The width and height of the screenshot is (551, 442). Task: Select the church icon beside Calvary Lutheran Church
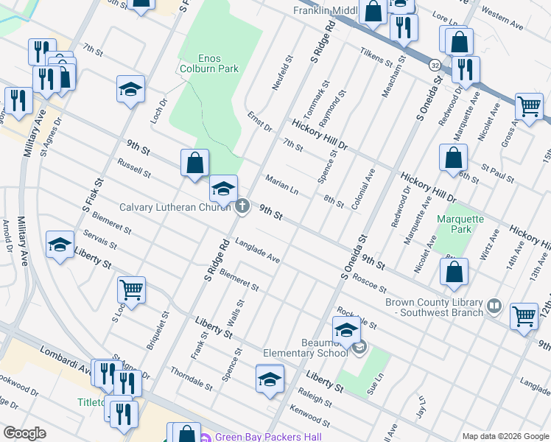click(x=242, y=207)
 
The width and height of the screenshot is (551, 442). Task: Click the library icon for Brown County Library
click(x=494, y=304)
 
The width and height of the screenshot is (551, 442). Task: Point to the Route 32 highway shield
click(x=435, y=64)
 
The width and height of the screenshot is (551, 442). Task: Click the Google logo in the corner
click(x=24, y=432)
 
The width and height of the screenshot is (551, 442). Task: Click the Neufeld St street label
click(x=282, y=72)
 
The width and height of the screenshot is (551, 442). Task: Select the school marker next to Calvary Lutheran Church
click(x=223, y=190)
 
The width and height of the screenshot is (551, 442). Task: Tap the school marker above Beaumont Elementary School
click(x=346, y=331)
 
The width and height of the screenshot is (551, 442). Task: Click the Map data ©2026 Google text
click(x=505, y=435)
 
